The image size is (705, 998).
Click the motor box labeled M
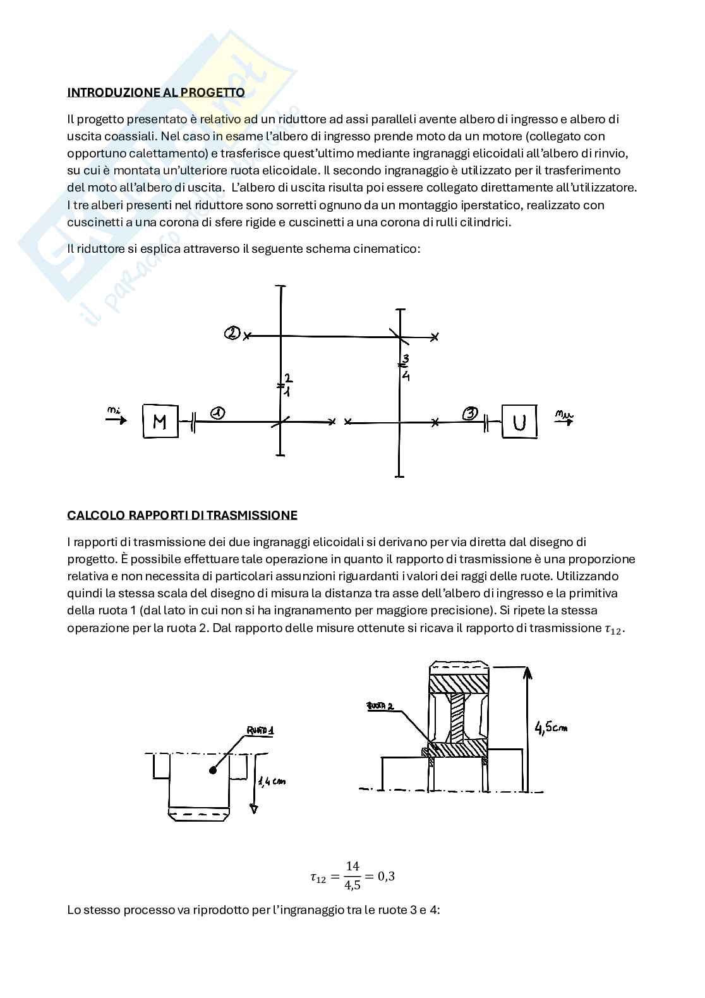pyautogui.click(x=160, y=421)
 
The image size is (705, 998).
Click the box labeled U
pyautogui.click(x=519, y=421)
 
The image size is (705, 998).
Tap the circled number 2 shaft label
pyautogui.click(x=232, y=333)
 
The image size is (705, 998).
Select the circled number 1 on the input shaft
pyautogui.click(x=217, y=413)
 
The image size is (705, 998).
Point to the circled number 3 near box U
pyautogui.click(x=470, y=413)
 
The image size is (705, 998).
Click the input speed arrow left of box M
pyautogui.click(x=117, y=419)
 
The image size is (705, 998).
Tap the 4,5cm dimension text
pyautogui.click(x=551, y=727)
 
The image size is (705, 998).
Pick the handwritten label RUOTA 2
pyautogui.click(x=380, y=706)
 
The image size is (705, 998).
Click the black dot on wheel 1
pyautogui.click(x=213, y=769)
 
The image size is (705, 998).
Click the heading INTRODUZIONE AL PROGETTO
pyautogui.click(x=156, y=92)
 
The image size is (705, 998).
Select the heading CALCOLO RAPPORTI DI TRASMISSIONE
pyautogui.click(x=182, y=515)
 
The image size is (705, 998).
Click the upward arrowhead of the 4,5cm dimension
pyautogui.click(x=527, y=672)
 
